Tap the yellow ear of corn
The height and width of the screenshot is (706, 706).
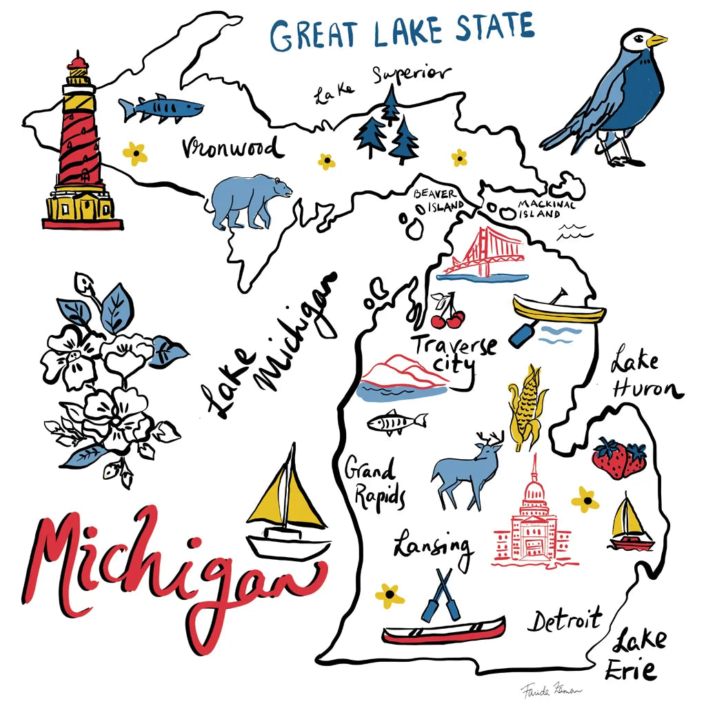click(527, 407)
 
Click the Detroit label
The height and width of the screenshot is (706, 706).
click(565, 621)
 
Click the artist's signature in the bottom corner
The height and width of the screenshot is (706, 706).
click(541, 689)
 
